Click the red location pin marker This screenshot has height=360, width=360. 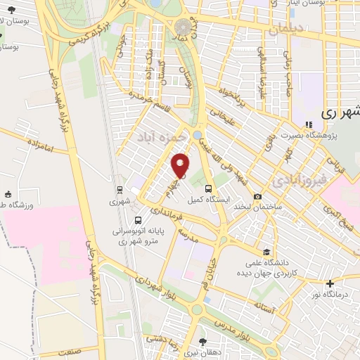181,165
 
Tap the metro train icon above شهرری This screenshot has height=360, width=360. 120,189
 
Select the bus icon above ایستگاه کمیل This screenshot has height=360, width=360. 208,188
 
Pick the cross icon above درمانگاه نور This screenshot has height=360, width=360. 330,283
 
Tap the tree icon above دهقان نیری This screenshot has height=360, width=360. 202,342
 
